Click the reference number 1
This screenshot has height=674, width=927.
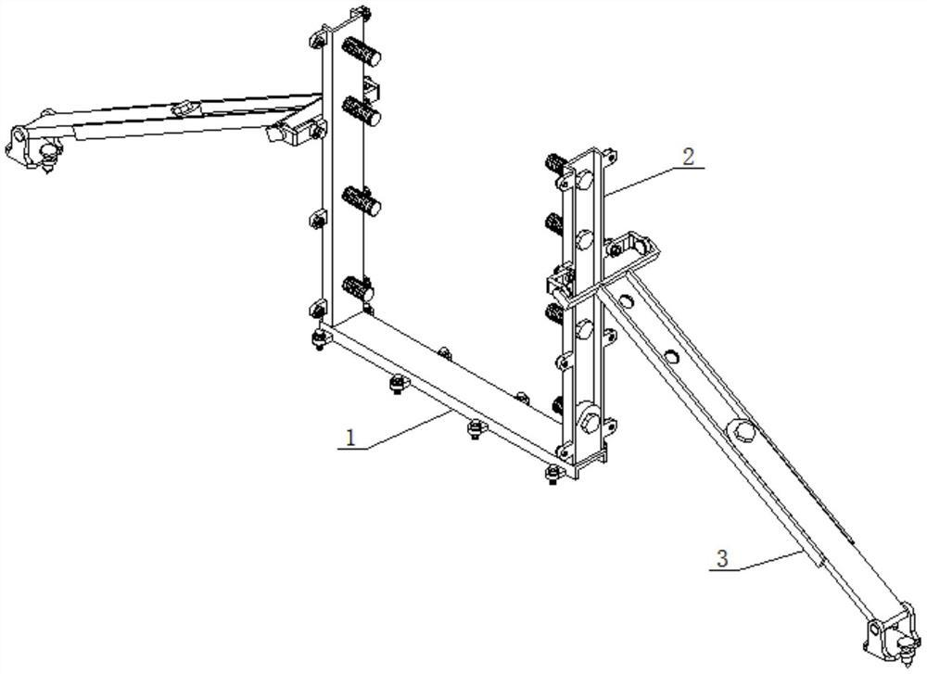pyautogui.click(x=351, y=439)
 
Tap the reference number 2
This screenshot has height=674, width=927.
pyautogui.click(x=689, y=158)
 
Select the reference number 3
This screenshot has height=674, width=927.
pyautogui.click(x=722, y=559)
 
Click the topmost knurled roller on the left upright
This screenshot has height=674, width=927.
pyautogui.click(x=362, y=51)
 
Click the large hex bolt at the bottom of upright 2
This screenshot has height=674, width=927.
pyautogui.click(x=590, y=417)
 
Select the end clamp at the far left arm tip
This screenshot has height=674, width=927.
pyautogui.click(x=32, y=147)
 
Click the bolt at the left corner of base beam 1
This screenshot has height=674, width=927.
pyautogui.click(x=319, y=339)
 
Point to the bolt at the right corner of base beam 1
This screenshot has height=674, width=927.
pyautogui.click(x=552, y=474)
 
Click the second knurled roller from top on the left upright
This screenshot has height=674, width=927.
pyautogui.click(x=362, y=110)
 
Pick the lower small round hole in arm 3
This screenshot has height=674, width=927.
pyautogui.click(x=670, y=357)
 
